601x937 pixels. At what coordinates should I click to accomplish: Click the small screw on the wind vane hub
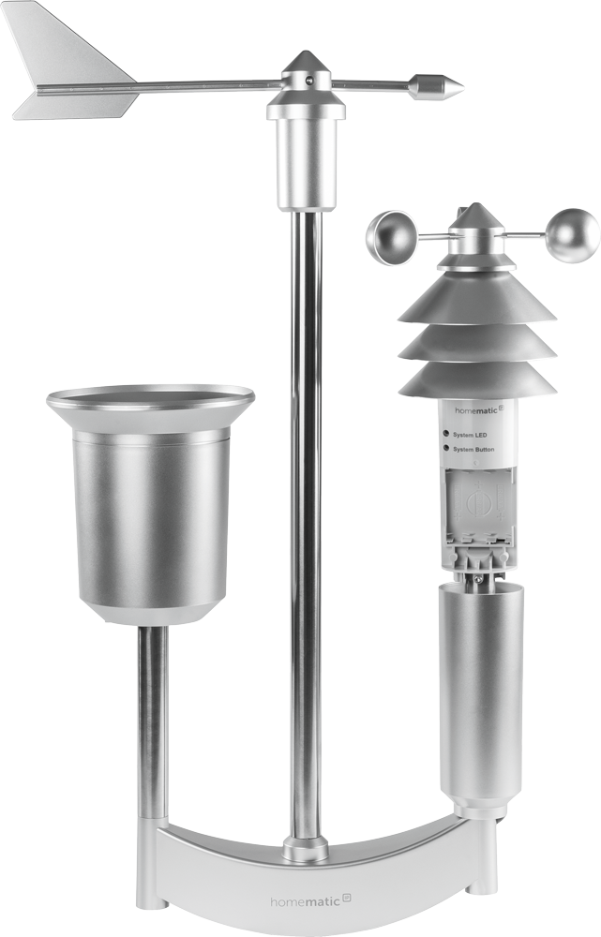point(309,79)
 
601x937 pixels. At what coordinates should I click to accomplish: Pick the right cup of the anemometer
point(573,235)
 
